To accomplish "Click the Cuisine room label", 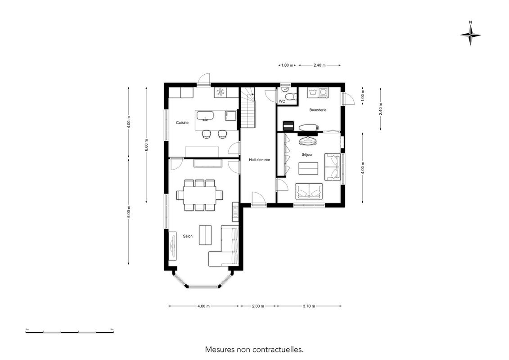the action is pyautogui.click(x=182, y=123).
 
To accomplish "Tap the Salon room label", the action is pyautogui.click(x=188, y=236).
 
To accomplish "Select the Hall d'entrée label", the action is pyautogui.click(x=259, y=160).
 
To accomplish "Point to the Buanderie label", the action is pyautogui.click(x=318, y=110).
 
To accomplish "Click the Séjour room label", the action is pyautogui.click(x=307, y=154).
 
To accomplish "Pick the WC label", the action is pyautogui.click(x=282, y=101).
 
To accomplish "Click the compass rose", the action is pyautogui.click(x=470, y=35).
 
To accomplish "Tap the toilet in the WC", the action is pyautogui.click(x=291, y=96).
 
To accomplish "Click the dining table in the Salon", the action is pyautogui.click(x=200, y=195).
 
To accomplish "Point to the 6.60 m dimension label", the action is pyautogui.click(x=146, y=145).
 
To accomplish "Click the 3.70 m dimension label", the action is pyautogui.click(x=309, y=306).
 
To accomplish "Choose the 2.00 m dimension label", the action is pyautogui.click(x=258, y=306).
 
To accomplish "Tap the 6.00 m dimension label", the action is pyautogui.click(x=129, y=212).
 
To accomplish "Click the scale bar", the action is pyautogui.click(x=69, y=332).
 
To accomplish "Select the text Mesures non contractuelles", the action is pyautogui.click(x=254, y=350).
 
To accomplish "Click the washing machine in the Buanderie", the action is pyautogui.click(x=323, y=93).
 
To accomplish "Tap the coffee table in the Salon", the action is pyautogui.click(x=205, y=235).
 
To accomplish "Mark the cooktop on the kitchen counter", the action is pyautogui.click(x=221, y=92).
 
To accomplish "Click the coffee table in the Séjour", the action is pyautogui.click(x=308, y=168).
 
